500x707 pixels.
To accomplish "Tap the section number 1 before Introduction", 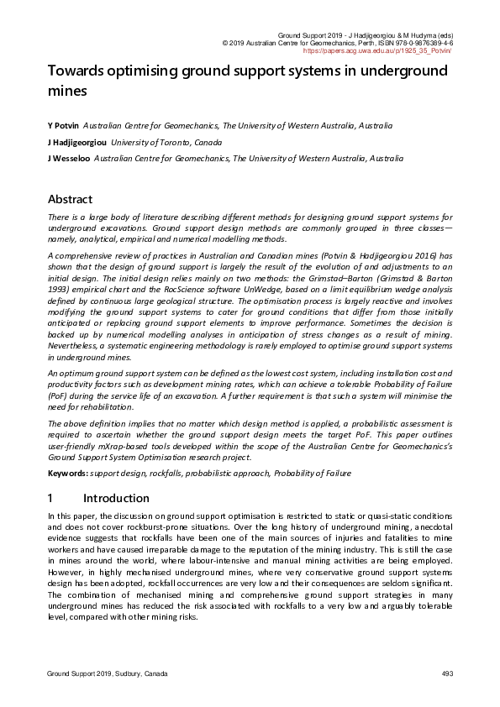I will tap(51, 498).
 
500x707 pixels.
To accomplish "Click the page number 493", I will tap(447, 674).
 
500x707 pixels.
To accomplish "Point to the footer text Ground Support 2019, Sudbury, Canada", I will tap(107, 674).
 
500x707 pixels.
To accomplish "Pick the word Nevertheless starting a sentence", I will tap(76, 343).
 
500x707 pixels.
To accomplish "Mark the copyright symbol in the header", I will tap(224, 42).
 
